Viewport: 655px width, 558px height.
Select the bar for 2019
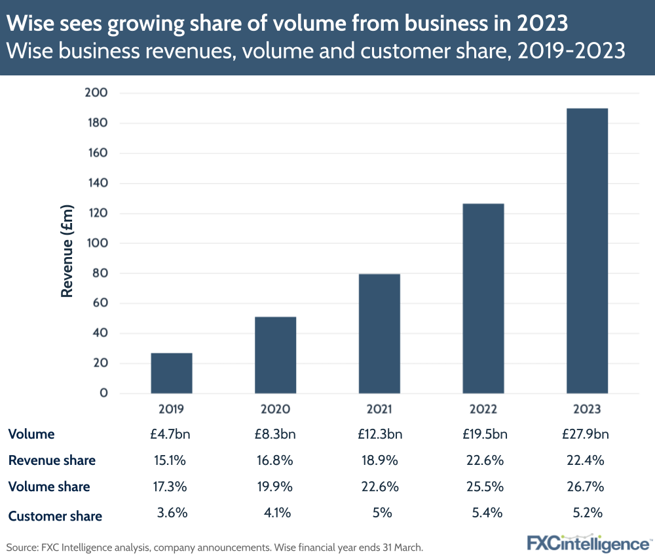point(172,373)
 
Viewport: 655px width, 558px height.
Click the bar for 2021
point(379,334)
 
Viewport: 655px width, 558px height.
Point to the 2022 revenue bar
point(483,298)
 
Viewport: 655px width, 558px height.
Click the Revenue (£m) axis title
point(67,252)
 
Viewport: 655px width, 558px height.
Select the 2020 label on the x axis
point(275,409)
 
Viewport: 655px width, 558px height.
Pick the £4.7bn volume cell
point(172,434)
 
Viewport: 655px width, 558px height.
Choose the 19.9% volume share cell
point(275,487)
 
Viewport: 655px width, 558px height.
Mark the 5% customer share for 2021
point(379,513)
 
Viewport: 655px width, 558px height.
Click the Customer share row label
point(55,516)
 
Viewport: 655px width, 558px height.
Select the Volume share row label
point(49,487)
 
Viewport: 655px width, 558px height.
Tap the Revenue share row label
point(52,460)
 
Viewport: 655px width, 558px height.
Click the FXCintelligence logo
point(588,543)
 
